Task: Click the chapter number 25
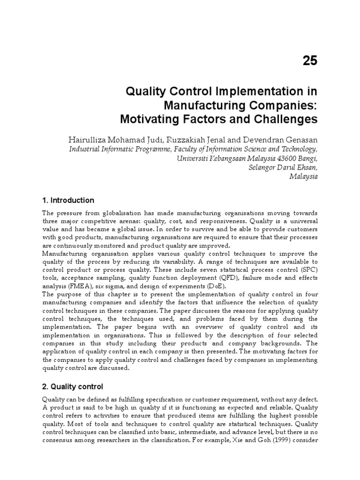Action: coord(307,60)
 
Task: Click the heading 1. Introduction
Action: coord(68,200)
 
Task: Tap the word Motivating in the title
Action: coord(153,120)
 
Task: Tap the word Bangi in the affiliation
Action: coord(307,158)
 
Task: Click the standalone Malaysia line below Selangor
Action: coord(304,177)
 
